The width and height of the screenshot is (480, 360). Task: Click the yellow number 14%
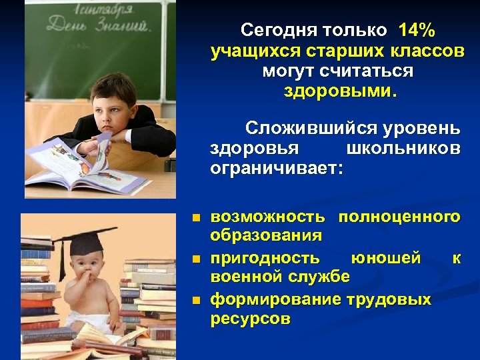(x=417, y=30)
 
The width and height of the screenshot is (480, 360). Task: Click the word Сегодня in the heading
(x=280, y=30)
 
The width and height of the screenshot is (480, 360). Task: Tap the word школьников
(x=404, y=148)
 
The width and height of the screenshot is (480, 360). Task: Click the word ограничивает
(x=276, y=169)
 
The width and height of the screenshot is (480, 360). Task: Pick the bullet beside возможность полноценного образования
(x=195, y=217)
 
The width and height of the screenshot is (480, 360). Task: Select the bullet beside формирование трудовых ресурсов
(x=195, y=300)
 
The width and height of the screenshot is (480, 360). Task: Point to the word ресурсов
(x=251, y=319)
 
